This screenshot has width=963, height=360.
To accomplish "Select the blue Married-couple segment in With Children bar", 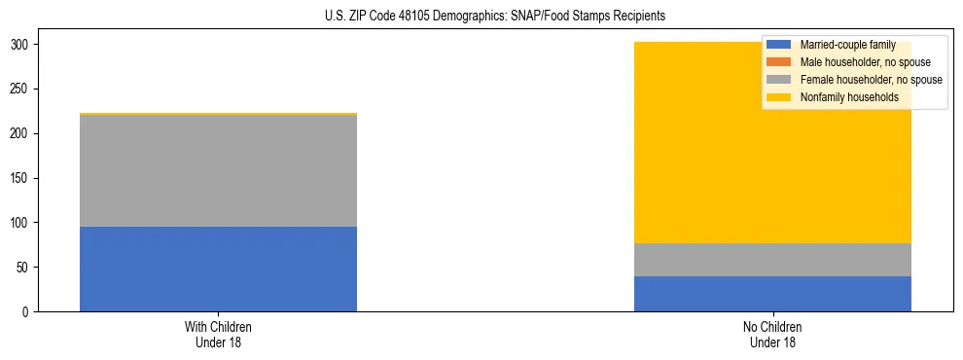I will (218, 270).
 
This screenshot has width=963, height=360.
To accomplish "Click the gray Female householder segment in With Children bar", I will (218, 170).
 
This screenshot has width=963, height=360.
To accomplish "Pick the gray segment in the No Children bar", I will (772, 260).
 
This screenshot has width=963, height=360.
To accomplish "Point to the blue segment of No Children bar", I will (772, 294).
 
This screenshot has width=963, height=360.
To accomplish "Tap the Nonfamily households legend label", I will (848, 97).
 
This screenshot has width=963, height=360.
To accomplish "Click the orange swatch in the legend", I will (779, 62).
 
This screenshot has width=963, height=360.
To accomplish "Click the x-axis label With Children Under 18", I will (218, 335).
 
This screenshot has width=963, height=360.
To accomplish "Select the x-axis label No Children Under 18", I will (772, 335).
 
